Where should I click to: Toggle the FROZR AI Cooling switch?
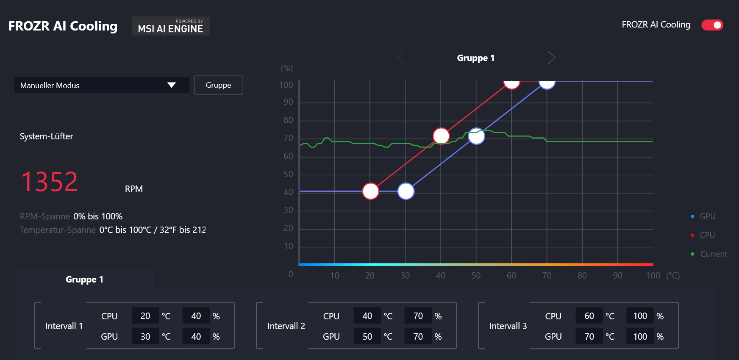coord(712,25)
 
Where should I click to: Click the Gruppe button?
coord(218,85)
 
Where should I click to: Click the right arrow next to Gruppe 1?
coord(551,58)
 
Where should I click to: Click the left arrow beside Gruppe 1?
coord(400,58)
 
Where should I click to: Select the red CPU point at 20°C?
coord(370,191)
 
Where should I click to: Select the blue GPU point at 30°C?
coord(406,191)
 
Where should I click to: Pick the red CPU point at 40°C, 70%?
coord(441,136)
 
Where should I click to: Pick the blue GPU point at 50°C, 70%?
coord(476,136)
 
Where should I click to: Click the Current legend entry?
coord(713,254)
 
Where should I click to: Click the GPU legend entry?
coord(707,216)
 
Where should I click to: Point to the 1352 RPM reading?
coord(50,182)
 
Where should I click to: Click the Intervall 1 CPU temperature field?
coord(145,316)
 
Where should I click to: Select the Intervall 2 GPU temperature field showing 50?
coord(367,337)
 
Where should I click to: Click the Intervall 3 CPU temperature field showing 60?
coord(589,316)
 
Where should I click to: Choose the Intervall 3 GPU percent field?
coord(640,337)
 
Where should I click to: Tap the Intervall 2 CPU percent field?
coord(418,316)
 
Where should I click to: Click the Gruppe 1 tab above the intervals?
coord(84,280)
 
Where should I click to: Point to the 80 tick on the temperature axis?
coord(582,276)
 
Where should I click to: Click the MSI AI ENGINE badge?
coord(171,26)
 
